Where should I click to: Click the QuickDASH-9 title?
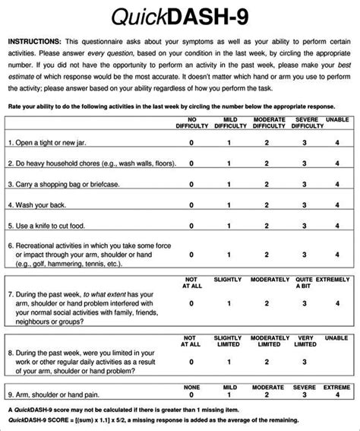click(179, 16)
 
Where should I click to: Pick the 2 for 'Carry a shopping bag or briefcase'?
click(267, 184)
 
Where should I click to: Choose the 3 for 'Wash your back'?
click(303, 204)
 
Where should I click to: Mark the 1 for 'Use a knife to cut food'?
click(228, 226)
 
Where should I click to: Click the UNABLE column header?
click(337, 121)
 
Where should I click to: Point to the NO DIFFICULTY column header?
click(191, 124)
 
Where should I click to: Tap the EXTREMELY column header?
click(336, 280)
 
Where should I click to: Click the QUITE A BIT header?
click(303, 284)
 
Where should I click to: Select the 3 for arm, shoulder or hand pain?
click(303, 395)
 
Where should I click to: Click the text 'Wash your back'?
click(38, 204)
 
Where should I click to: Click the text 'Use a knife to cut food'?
click(50, 226)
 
